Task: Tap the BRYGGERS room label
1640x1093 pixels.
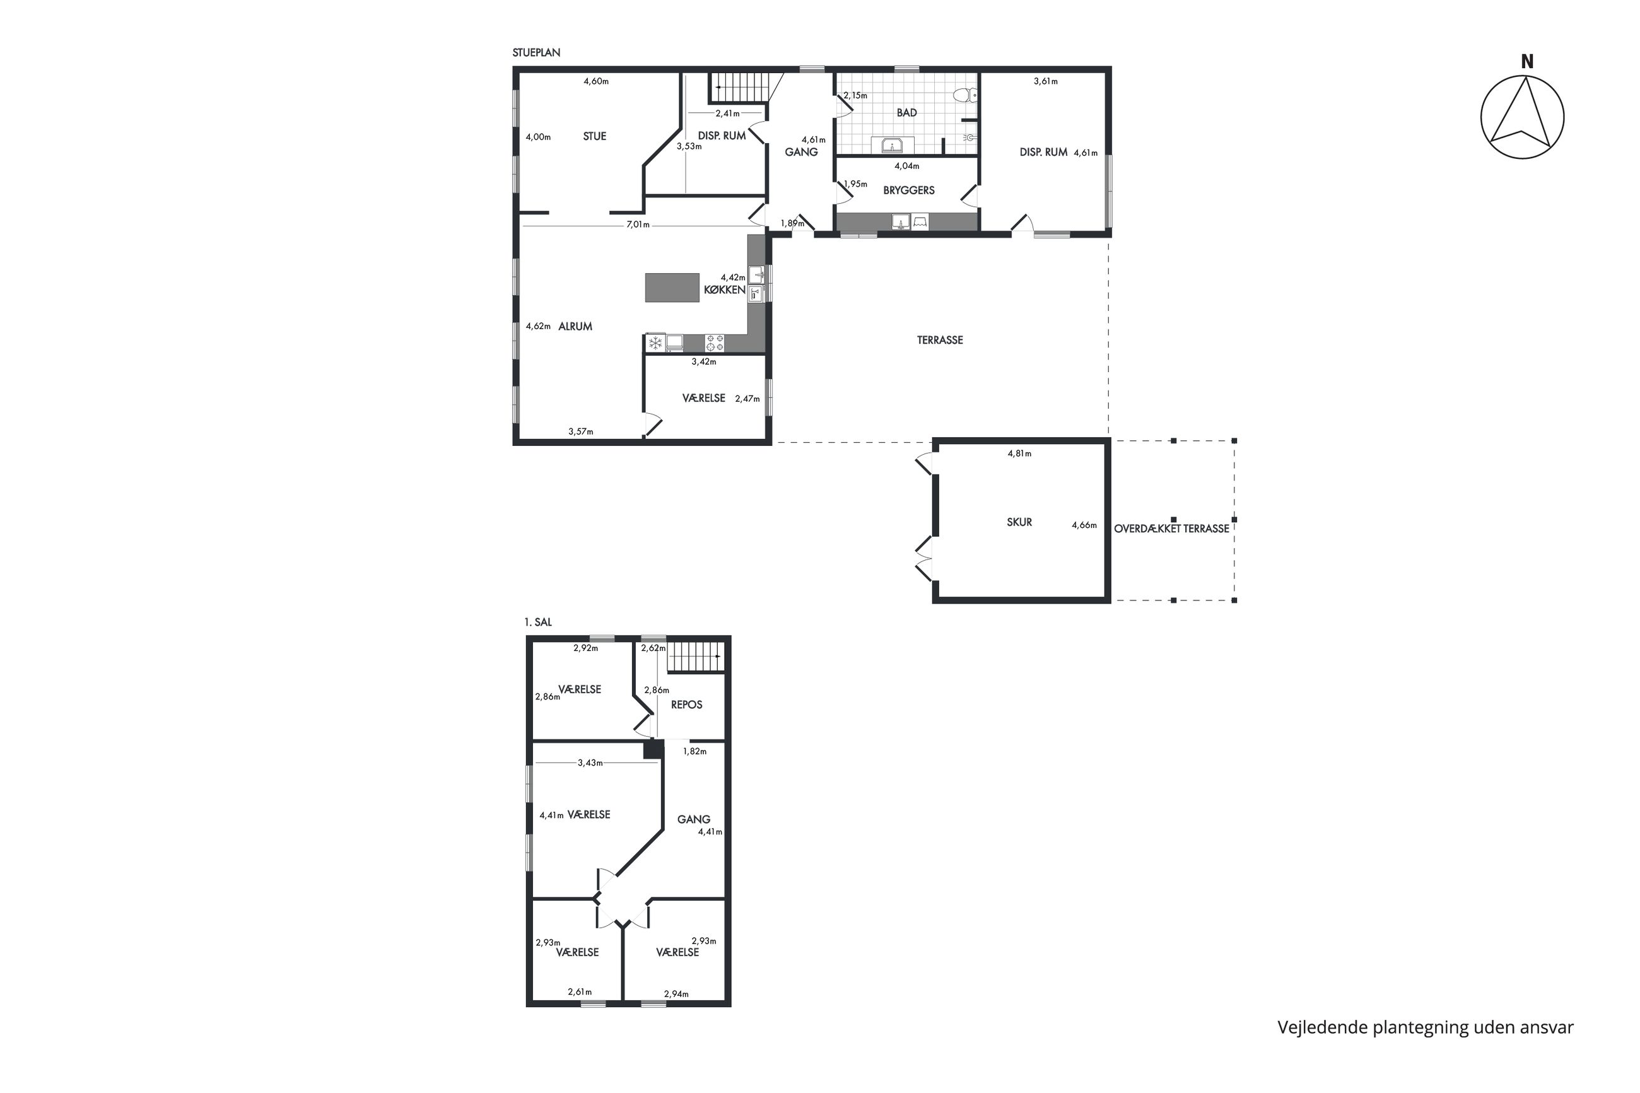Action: pyautogui.click(x=908, y=190)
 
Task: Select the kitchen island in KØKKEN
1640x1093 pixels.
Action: pyautogui.click(x=671, y=287)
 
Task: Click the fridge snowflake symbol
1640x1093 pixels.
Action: pyautogui.click(x=655, y=342)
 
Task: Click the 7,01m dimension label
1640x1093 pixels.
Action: pyautogui.click(x=638, y=225)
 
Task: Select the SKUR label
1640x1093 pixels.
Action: pyautogui.click(x=1018, y=522)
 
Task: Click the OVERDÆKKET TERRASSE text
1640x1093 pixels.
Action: pyautogui.click(x=1171, y=529)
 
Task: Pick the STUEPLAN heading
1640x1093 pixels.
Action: pyautogui.click(x=536, y=52)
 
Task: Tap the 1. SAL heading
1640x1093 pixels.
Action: pyautogui.click(x=537, y=622)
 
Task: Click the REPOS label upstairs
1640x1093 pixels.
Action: pyautogui.click(x=686, y=704)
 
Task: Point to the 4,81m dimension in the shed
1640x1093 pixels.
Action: pyautogui.click(x=1019, y=454)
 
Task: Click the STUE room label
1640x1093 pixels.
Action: pyautogui.click(x=595, y=137)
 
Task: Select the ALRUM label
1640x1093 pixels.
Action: pyautogui.click(x=575, y=326)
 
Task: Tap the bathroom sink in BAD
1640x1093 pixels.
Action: pyautogui.click(x=891, y=145)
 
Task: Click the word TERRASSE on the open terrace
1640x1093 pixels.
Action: pyautogui.click(x=940, y=340)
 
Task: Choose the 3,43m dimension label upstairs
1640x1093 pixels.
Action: pyautogui.click(x=590, y=763)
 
